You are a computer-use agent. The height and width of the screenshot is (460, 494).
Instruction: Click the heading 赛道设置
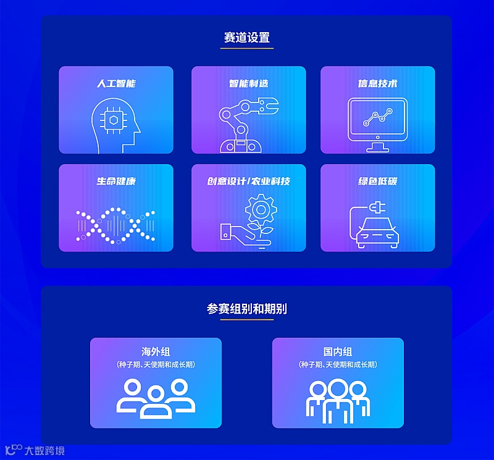tap(246, 38)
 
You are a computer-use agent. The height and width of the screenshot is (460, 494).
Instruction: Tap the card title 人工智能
tap(116, 83)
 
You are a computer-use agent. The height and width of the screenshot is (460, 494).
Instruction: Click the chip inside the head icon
tap(113, 120)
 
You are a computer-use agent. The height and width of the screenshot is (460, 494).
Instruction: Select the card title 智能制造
tap(248, 83)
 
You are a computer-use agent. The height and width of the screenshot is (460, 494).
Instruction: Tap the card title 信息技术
tap(377, 83)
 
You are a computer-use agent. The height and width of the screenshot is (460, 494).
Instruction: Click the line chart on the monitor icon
tap(377, 117)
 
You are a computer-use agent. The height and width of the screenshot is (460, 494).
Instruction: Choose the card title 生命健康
tap(116, 181)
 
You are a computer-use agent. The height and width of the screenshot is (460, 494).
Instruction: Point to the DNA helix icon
tap(115, 225)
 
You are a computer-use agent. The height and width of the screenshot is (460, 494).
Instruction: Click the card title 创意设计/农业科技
tap(248, 181)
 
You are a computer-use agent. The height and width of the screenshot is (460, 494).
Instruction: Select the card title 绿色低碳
tap(377, 181)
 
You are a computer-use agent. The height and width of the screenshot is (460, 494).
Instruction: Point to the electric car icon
tap(377, 233)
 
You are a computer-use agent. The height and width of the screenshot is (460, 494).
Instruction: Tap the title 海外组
tap(156, 352)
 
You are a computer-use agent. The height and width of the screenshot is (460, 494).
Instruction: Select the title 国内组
tap(338, 352)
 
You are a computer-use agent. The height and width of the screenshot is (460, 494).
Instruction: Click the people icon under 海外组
tap(156, 398)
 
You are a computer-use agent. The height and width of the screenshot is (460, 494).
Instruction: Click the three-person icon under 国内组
tap(338, 401)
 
